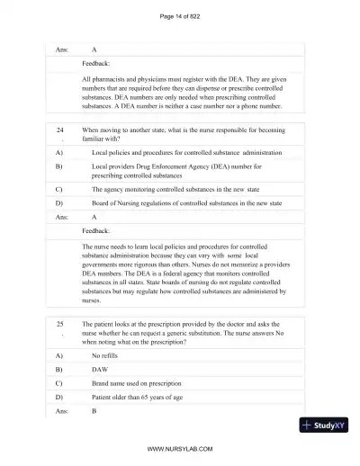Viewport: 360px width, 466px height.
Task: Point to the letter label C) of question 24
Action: [58, 190]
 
